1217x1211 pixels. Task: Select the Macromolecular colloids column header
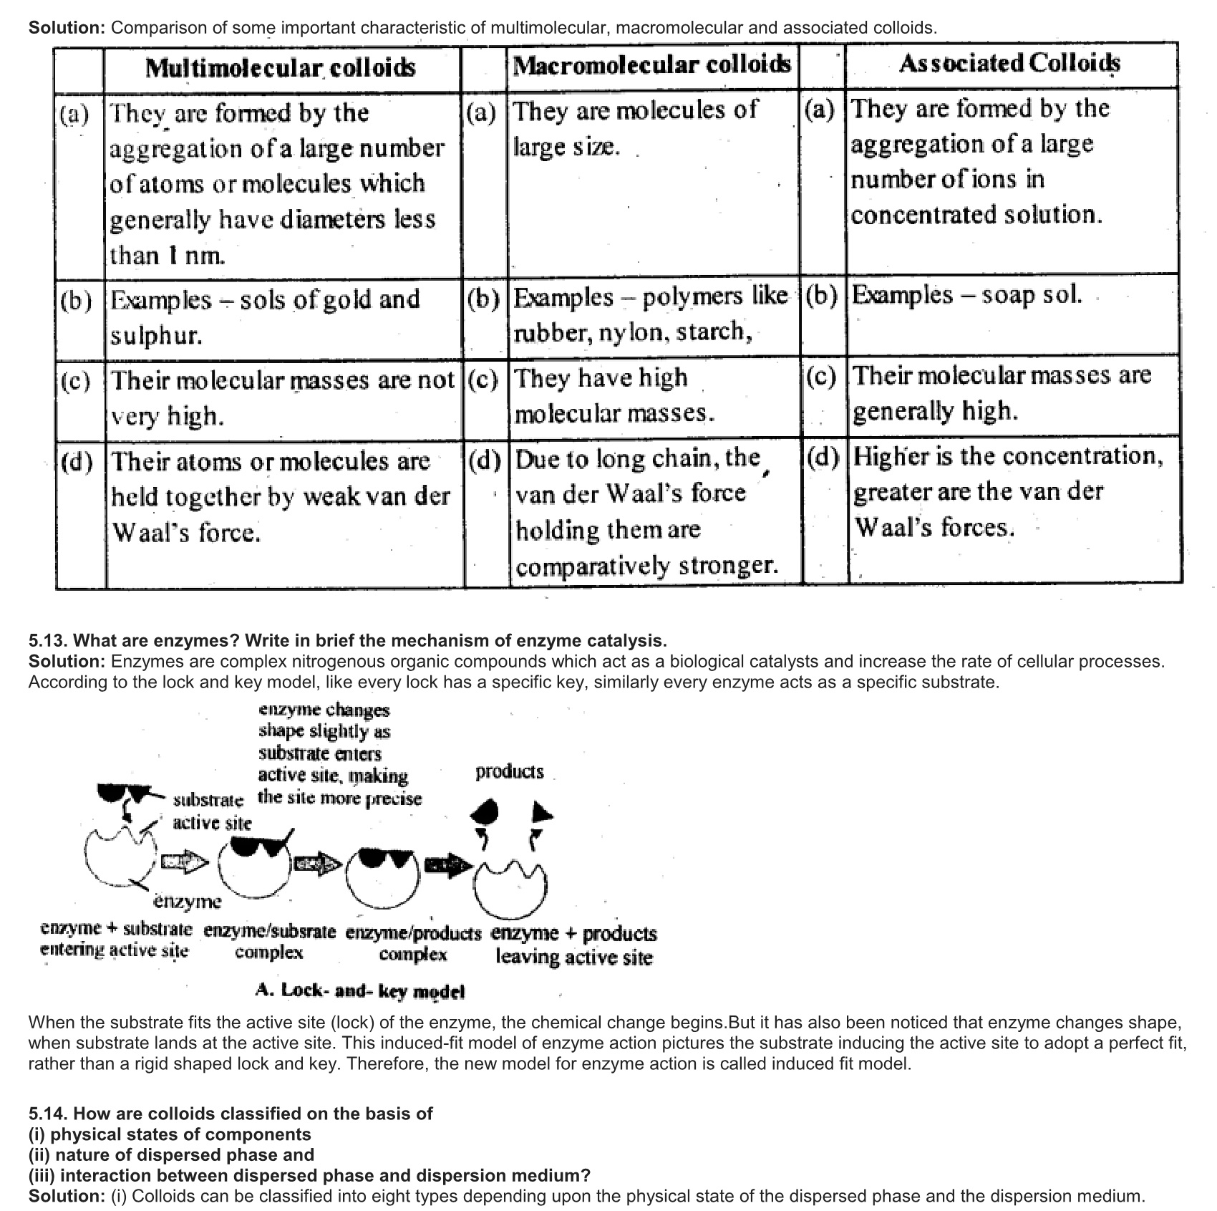652,65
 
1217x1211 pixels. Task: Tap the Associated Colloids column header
1009,64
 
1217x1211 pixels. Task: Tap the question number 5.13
48,640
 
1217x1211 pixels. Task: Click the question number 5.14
48,1114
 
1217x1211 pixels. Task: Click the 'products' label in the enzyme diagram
509,771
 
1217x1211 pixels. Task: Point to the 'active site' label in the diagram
212,823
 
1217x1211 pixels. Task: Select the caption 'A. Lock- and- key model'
360,991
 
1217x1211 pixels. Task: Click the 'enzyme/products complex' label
413,943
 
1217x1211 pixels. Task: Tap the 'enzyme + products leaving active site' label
573,945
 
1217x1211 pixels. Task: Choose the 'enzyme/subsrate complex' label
269,942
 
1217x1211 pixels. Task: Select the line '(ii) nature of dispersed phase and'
171,1154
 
